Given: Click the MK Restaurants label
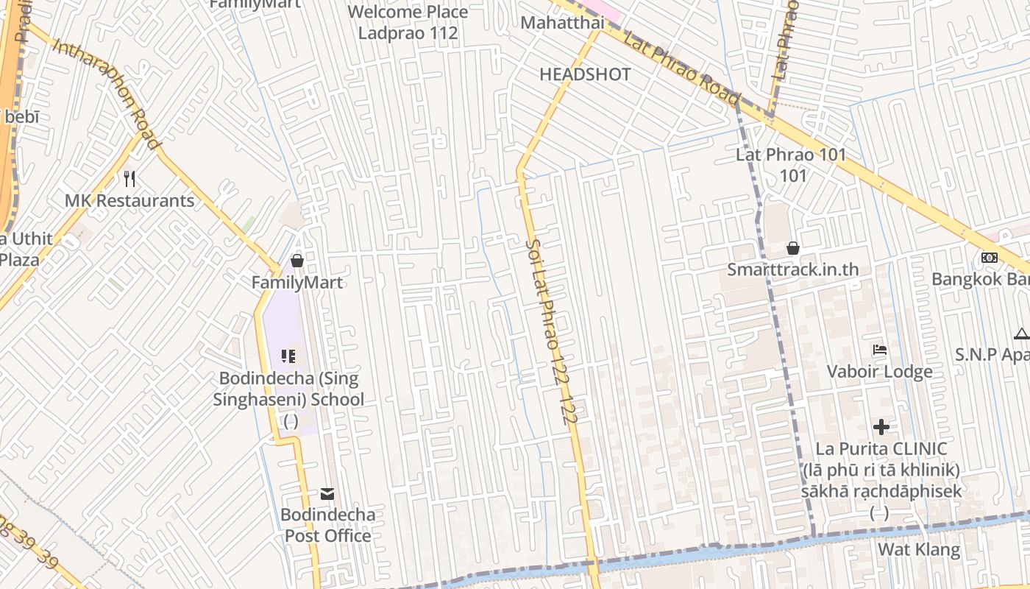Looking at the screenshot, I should [x=129, y=200].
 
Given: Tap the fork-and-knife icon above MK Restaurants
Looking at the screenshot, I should [x=129, y=179].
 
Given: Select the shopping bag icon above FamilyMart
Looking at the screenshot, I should [x=297, y=261].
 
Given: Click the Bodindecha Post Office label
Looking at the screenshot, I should [x=327, y=525].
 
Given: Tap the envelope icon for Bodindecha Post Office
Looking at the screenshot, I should [x=327, y=494].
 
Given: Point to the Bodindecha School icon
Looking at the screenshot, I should [x=288, y=357].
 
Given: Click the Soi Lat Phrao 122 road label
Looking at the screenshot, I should [x=552, y=331].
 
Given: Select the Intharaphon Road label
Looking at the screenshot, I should [x=107, y=85].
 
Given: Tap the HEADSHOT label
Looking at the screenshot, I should [x=585, y=74].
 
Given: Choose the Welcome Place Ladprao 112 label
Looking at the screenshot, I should [x=408, y=22].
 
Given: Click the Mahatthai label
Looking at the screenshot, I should [x=562, y=23].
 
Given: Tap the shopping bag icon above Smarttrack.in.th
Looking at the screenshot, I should [x=793, y=248].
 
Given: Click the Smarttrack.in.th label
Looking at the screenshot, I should [x=792, y=269].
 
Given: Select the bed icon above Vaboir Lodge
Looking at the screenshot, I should [x=880, y=350].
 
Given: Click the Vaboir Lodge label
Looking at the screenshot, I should [x=880, y=371].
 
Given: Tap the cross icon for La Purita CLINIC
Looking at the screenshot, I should [x=881, y=427].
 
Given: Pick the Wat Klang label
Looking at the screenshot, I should [x=919, y=549].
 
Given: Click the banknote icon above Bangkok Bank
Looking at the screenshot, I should [x=990, y=258].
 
